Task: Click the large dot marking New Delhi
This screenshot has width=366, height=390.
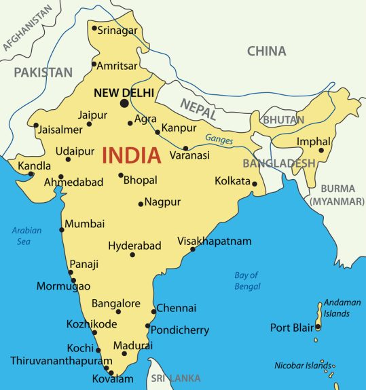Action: (124, 103)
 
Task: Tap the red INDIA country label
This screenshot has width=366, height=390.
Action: (132, 155)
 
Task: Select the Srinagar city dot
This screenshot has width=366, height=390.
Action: (94, 28)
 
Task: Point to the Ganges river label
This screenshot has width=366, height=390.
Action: (219, 140)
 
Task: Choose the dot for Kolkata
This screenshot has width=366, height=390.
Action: (255, 183)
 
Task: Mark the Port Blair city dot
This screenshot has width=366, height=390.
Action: (318, 327)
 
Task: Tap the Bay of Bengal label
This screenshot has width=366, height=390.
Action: (246, 281)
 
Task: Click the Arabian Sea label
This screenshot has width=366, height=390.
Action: (26, 236)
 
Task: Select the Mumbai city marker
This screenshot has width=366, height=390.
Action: (62, 229)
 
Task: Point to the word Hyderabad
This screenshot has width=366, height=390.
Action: (134, 245)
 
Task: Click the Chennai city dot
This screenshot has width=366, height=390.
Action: (153, 309)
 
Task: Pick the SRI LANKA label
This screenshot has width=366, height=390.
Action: (175, 378)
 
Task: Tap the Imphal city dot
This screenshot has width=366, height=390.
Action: (321, 150)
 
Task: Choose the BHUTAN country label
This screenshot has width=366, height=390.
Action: (283, 119)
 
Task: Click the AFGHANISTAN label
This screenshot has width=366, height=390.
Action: (27, 28)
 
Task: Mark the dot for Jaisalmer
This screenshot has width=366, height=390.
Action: (36, 125)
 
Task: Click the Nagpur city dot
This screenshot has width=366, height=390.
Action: (141, 203)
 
